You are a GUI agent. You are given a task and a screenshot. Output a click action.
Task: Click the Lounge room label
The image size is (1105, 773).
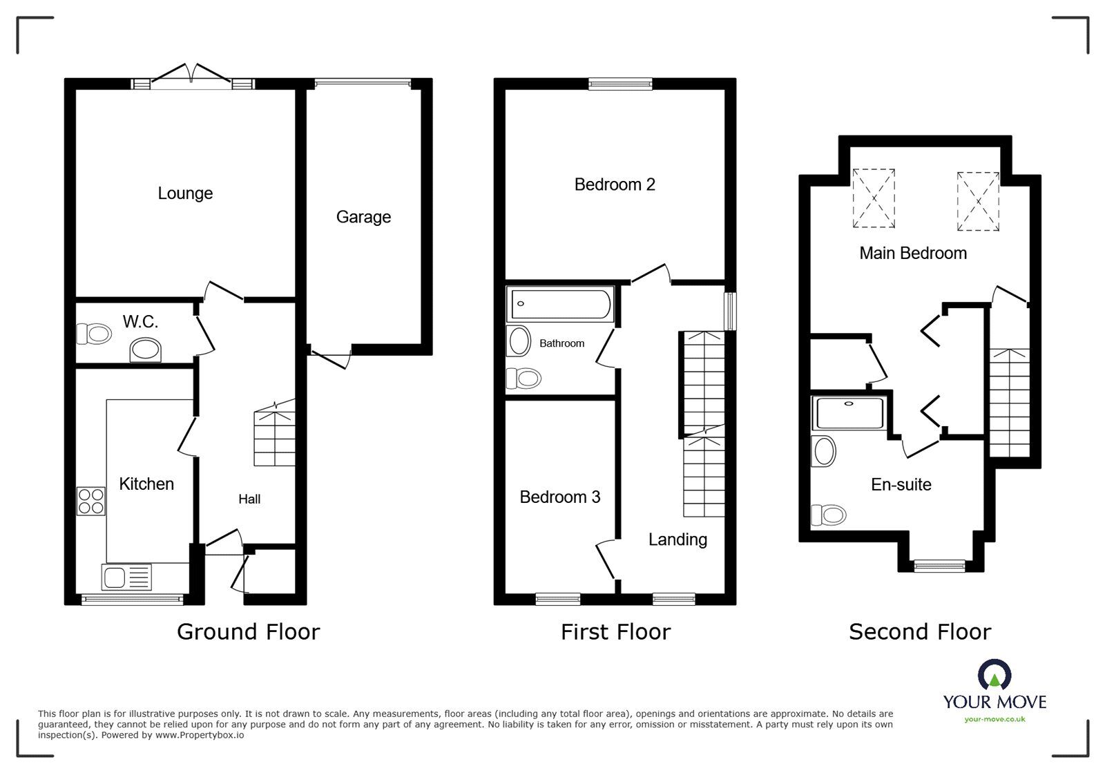185,193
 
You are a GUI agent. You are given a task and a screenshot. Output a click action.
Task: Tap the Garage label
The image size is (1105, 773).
363,217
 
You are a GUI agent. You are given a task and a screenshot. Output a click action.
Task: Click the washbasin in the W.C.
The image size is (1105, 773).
146,350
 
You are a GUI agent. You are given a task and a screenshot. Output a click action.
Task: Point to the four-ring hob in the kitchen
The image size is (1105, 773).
91,501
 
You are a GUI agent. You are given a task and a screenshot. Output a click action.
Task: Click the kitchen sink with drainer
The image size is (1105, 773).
126,577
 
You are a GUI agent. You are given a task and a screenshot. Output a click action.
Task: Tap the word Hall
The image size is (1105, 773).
249,499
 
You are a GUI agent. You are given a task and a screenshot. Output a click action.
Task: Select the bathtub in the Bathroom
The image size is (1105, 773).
559,304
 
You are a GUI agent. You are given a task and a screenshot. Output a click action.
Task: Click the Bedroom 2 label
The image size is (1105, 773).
615,184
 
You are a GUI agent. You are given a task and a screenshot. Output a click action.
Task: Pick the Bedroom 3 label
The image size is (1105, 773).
560,497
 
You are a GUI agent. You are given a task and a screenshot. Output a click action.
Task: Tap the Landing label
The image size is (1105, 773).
678,540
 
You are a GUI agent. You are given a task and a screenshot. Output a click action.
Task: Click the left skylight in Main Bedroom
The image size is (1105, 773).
874,198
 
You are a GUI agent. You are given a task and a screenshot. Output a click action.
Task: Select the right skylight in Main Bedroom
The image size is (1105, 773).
978,202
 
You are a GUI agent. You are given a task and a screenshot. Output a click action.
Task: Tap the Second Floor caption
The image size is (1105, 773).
920,631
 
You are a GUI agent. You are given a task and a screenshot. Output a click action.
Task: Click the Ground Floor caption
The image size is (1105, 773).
249,631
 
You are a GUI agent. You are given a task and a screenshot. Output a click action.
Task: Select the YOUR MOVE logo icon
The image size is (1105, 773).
995,674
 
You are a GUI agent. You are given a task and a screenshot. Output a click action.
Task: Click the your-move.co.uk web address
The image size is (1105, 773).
995,719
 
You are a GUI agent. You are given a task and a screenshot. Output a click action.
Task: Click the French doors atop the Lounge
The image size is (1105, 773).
192,77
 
